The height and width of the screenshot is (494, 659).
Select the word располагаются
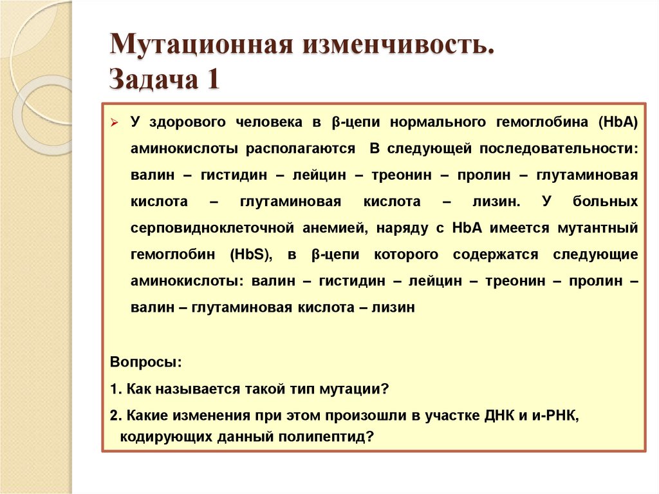(300, 148)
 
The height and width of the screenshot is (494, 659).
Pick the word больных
(605, 202)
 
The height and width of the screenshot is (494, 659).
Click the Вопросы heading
(146, 362)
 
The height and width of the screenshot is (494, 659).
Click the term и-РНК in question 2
(555, 415)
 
